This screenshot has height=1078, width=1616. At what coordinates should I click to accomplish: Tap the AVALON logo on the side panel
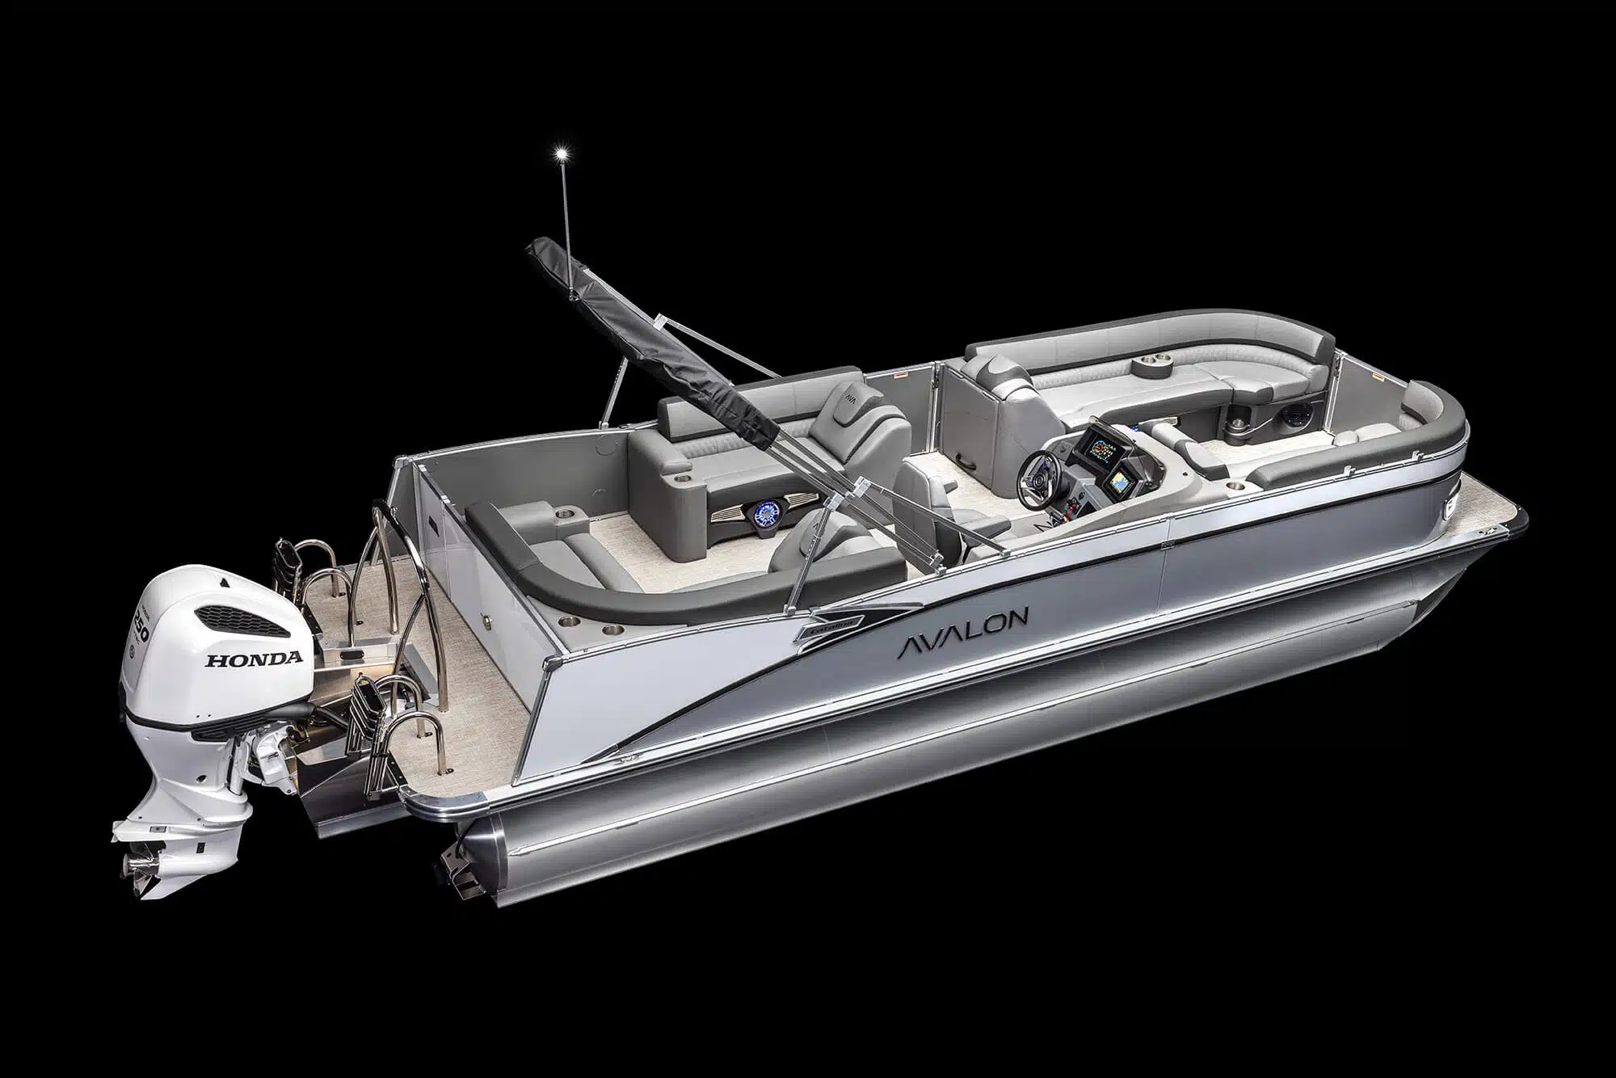pyautogui.click(x=961, y=625)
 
